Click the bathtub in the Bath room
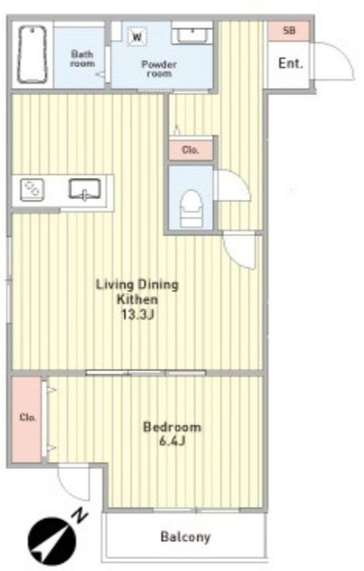tap(32, 55)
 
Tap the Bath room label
tap(82, 59)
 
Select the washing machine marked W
tap(137, 36)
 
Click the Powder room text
tap(159, 69)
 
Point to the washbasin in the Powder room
tap(192, 35)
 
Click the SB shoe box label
tap(289, 31)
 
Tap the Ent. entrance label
tap(290, 64)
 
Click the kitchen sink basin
tap(85, 189)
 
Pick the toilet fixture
tap(192, 208)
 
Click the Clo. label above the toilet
tap(190, 150)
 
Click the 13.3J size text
tap(138, 315)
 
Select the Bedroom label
tap(172, 427)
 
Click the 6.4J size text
tap(172, 441)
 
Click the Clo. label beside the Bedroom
tap(28, 418)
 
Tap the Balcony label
tap(186, 537)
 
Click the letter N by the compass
tap(81, 516)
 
